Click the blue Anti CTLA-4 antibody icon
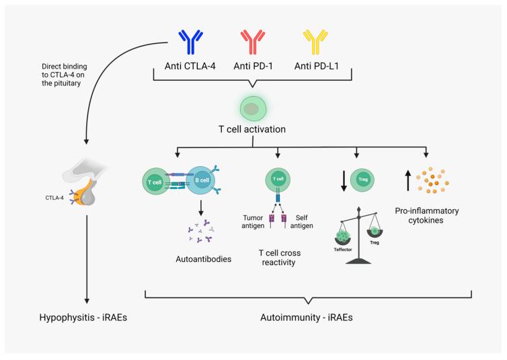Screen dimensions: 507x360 [x=190, y=42]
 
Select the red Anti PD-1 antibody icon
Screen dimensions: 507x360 [x=253, y=42]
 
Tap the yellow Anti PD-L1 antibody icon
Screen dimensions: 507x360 [x=315, y=42]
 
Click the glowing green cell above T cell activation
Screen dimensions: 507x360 [x=253, y=109]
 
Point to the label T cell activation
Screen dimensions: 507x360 [x=252, y=129]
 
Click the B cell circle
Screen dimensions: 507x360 [x=200, y=180]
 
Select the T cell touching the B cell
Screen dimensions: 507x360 [x=156, y=182]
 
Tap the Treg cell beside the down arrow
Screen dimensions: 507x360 [x=362, y=180]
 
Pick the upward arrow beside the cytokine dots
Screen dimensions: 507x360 [x=408, y=180]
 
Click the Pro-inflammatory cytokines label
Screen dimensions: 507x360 [x=426, y=215]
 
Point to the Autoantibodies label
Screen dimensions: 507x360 [x=203, y=259]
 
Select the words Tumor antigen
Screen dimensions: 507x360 [x=253, y=221]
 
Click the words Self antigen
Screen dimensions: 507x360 [x=301, y=221]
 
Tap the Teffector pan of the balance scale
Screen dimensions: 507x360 [x=343, y=238]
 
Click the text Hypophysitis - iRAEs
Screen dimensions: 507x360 [x=83, y=318]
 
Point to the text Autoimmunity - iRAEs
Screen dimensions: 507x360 [x=306, y=318]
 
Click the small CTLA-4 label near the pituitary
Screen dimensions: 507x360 [x=54, y=198]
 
